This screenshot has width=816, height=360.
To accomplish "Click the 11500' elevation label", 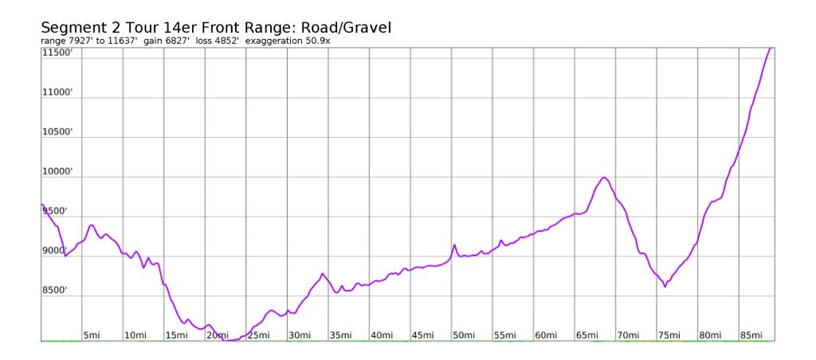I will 57,53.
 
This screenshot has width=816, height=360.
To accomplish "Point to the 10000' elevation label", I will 57,172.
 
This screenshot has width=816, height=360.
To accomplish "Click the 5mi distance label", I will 92,335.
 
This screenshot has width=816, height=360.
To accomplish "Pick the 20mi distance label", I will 216,335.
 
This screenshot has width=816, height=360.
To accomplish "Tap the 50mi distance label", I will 462,335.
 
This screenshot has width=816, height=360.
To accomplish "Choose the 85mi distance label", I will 750,335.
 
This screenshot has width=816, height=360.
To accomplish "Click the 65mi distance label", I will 586,335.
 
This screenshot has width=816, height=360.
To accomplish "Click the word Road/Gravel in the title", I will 346,28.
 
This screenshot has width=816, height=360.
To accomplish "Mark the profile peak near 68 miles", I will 604,178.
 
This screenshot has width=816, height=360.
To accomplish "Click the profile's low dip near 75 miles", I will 665,287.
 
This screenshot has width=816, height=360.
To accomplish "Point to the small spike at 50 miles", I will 454,245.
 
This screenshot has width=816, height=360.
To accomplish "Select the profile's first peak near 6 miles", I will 92,225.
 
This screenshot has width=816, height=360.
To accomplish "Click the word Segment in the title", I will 74,28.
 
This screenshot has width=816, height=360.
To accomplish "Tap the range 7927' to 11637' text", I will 89,41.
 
